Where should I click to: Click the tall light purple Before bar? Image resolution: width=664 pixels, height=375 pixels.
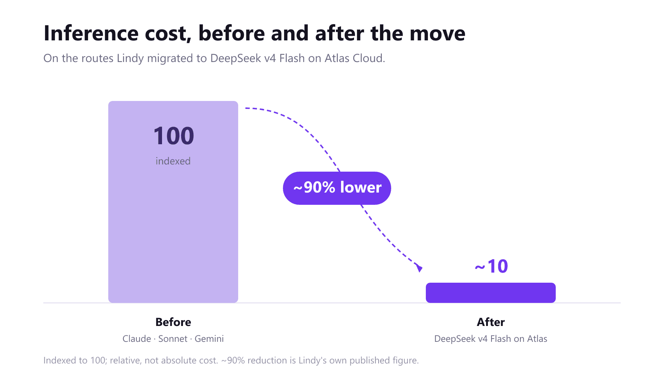173,202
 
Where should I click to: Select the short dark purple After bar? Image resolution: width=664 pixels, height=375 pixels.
491,293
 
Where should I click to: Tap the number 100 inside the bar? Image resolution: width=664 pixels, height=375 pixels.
174,136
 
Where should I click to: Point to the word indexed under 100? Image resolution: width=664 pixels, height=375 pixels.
173,161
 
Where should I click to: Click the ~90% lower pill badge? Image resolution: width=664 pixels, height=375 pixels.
337,188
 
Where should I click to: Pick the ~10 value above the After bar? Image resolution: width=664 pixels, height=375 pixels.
491,266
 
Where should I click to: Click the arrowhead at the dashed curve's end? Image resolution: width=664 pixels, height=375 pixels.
419,268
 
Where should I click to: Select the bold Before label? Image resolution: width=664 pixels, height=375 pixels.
173,322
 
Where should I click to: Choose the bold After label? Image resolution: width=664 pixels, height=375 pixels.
491,322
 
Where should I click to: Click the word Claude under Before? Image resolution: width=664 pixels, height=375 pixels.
137,339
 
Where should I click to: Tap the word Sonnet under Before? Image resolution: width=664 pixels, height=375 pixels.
173,339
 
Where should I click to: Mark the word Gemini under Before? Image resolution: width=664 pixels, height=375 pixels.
209,339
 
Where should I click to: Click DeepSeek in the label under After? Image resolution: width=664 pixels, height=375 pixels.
455,339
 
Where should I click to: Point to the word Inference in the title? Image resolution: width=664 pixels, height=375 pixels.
91,34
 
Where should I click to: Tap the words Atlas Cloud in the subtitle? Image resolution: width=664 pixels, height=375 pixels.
355,58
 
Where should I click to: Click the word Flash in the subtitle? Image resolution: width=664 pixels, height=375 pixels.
292,58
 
